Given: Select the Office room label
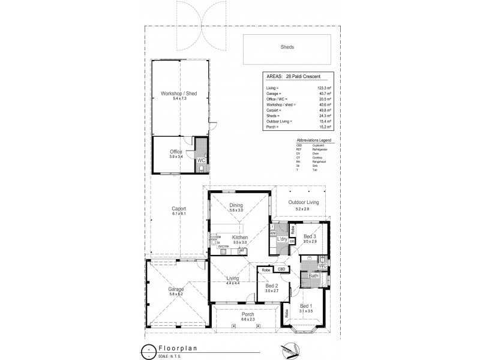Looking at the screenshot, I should [176, 152].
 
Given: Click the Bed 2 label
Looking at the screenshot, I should [272, 286].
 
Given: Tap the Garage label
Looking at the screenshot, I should [176, 289].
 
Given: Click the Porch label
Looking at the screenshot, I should [247, 314].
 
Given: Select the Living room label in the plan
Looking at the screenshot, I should [233, 278].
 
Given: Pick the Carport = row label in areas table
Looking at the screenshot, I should [274, 110].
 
